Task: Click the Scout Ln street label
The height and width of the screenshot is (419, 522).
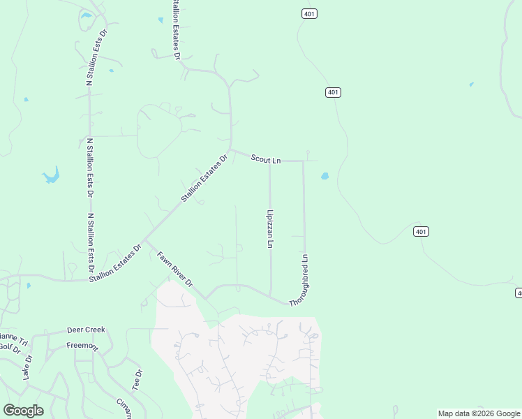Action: [x=265, y=159]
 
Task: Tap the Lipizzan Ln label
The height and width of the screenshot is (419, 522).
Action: [x=270, y=229]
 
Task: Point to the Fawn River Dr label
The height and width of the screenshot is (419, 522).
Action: [x=174, y=270]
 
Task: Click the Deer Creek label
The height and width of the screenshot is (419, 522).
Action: [x=85, y=330]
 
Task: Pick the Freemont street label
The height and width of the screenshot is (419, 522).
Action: [x=82, y=346]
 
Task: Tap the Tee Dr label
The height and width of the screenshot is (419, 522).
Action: [x=137, y=380]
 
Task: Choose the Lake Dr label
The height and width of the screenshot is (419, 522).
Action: [x=28, y=368]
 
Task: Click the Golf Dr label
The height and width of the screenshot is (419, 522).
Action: [x=9, y=347]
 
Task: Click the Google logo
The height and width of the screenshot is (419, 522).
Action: [x=23, y=411]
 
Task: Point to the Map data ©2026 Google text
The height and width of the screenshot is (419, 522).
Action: [x=479, y=413]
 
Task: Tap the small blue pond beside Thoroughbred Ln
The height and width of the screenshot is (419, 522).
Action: [x=325, y=176]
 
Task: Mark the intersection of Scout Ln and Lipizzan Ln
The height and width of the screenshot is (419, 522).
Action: [x=270, y=161]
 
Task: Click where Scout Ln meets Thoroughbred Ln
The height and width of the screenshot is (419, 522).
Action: [x=304, y=161]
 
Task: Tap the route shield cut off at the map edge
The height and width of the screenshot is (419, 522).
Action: [x=519, y=293]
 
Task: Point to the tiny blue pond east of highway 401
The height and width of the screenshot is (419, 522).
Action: [x=472, y=84]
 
